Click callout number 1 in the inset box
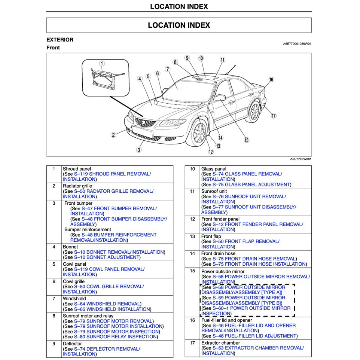(102, 64)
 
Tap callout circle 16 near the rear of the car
(271, 80)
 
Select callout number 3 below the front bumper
(138, 150)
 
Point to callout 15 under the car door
(246, 140)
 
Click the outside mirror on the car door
(220, 98)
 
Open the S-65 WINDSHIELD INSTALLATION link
(112, 309)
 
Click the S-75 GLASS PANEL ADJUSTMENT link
(251, 184)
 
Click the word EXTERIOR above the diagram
(60, 40)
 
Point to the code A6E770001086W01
(297, 44)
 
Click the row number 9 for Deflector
(54, 344)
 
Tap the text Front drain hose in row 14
(218, 254)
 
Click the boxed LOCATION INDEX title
(179, 25)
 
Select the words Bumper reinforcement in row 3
(88, 229)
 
